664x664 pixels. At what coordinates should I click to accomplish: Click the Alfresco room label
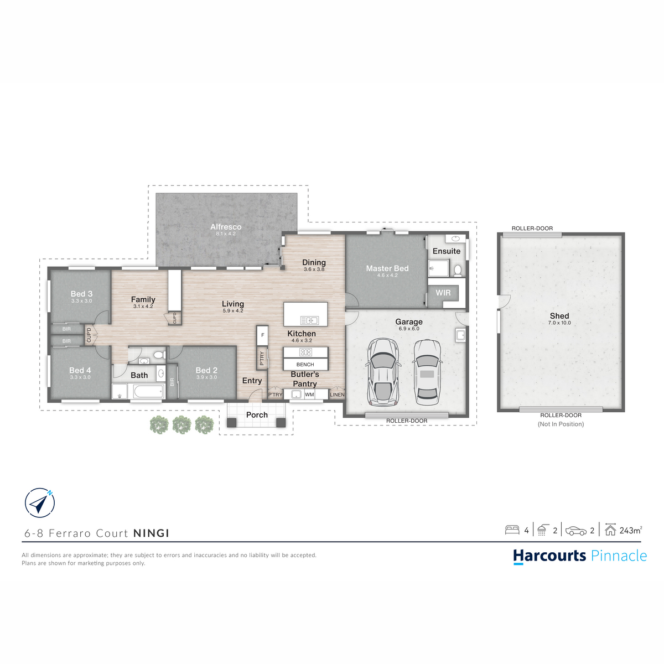226,227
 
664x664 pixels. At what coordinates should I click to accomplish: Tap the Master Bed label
387,268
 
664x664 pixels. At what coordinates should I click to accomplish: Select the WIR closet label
443,293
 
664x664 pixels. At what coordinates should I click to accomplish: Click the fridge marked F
262,335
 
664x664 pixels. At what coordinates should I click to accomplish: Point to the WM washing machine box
309,395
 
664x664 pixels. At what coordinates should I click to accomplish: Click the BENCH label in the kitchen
305,364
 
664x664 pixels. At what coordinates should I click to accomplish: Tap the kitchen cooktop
305,352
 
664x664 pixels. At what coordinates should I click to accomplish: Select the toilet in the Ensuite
458,271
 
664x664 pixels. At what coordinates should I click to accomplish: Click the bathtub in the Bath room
148,391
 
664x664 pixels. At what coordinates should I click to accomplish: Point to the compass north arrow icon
40,503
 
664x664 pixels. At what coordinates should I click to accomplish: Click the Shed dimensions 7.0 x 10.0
559,323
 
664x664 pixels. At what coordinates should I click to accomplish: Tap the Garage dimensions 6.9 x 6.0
409,329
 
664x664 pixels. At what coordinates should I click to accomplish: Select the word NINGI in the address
151,533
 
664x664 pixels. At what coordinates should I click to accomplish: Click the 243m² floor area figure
631,531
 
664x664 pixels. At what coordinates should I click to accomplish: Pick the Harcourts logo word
549,556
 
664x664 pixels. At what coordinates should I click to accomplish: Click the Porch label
257,415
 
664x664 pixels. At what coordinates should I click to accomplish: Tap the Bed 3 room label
81,294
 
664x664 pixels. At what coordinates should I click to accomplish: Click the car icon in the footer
576,531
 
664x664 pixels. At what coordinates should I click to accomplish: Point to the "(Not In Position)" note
561,424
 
